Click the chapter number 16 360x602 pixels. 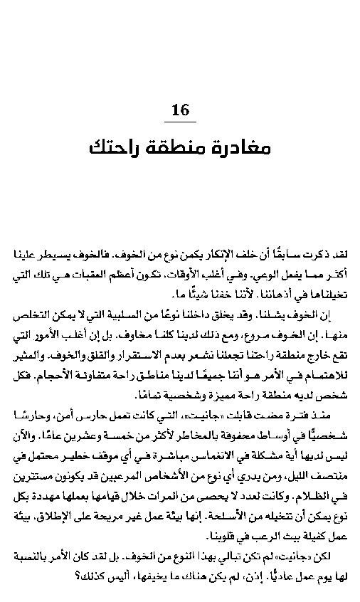[x=181, y=110]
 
